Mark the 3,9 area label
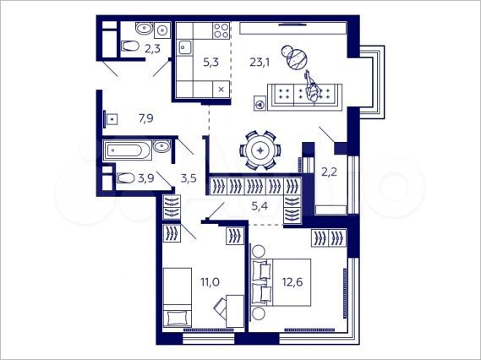click(x=145, y=177)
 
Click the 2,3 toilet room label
click(x=153, y=49)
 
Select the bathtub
click(x=128, y=150)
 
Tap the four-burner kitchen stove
click(x=221, y=32)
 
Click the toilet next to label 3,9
click(x=124, y=177)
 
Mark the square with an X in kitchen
click(x=221, y=88)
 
